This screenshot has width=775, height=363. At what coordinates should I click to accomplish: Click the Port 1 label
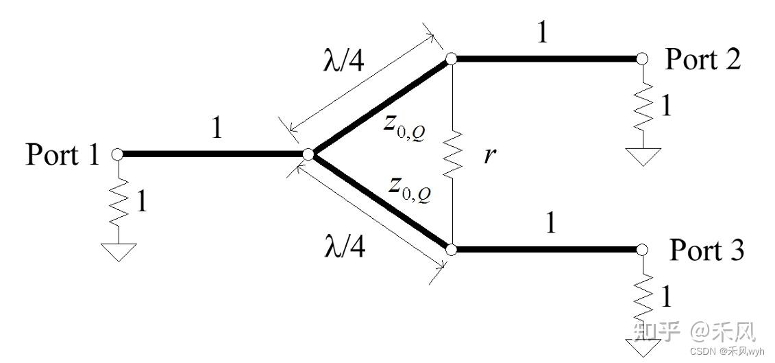(x=62, y=154)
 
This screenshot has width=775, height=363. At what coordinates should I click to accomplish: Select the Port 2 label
(x=703, y=60)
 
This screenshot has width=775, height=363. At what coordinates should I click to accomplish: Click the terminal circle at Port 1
(x=117, y=154)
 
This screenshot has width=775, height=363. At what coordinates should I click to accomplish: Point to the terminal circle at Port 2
(x=641, y=59)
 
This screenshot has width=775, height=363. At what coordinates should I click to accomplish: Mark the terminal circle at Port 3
(x=641, y=250)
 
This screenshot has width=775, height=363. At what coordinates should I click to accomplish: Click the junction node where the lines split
(x=308, y=154)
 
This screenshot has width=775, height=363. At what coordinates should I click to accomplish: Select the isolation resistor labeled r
(x=452, y=154)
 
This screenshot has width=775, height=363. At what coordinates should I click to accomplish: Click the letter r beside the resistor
(x=489, y=156)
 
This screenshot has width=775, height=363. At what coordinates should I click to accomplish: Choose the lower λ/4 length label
(x=345, y=246)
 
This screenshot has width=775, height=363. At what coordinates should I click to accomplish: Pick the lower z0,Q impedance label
(x=410, y=189)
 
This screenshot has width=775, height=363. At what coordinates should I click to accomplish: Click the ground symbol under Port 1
(x=118, y=252)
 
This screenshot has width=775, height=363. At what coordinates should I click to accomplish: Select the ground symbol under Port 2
(x=643, y=156)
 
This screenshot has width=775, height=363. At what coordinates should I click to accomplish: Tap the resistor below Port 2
(x=643, y=106)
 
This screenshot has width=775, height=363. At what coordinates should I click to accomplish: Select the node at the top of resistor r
(x=451, y=59)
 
